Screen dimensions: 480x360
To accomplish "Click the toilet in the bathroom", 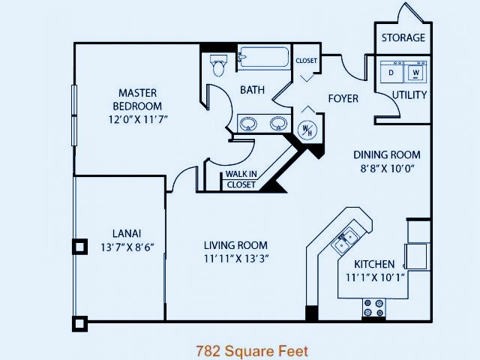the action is point(218,65).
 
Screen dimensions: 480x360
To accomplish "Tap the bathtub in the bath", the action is point(263,57).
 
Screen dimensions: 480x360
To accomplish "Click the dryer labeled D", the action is point(391,72).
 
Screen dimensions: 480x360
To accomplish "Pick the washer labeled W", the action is point(415,72).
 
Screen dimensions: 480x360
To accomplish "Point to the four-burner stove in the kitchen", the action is point(373,308).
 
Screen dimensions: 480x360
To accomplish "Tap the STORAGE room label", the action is point(403,37).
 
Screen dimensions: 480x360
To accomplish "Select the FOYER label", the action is point(343,98).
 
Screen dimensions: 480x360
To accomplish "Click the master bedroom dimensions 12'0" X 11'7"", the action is point(138,119).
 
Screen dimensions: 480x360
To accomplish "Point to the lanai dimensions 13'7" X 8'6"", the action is point(127,247).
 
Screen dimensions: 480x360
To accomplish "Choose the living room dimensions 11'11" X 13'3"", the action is point(236,259).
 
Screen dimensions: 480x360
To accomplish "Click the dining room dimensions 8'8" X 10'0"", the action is point(387,168).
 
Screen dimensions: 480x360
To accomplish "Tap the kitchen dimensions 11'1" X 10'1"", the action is point(375,277).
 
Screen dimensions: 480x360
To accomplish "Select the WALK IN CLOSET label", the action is point(241,179).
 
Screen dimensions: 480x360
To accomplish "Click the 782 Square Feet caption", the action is point(252,351).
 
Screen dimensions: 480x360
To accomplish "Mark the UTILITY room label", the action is point(409,95).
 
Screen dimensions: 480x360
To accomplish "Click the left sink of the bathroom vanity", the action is point(248,124).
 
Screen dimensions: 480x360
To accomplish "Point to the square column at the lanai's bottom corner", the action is point(80,324).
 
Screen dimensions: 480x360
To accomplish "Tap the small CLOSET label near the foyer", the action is point(306,61).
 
